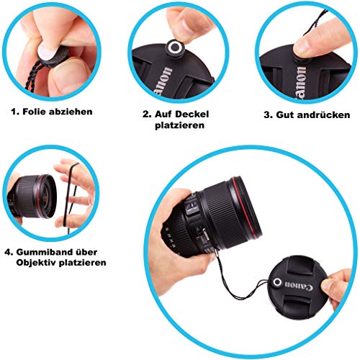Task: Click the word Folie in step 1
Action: (36, 113)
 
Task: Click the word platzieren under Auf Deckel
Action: (178, 125)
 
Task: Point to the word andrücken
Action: (325, 114)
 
